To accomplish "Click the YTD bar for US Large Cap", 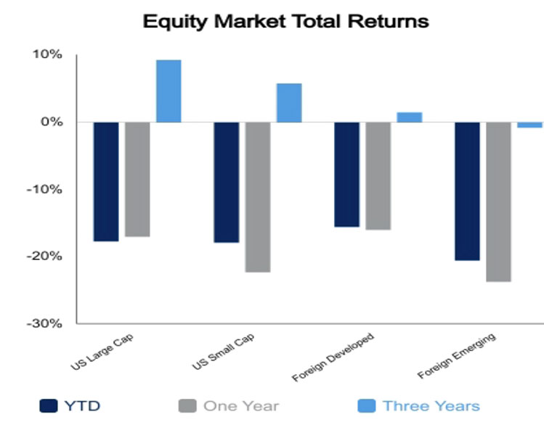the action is click(x=106, y=182).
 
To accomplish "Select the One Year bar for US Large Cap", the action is click(x=137, y=179).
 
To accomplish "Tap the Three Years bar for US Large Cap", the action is click(x=169, y=91).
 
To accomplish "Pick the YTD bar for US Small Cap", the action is click(x=227, y=182).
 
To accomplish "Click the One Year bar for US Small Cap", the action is click(x=258, y=197).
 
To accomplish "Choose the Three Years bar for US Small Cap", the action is click(x=289, y=102).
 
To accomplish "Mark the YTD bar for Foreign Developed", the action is click(x=347, y=174).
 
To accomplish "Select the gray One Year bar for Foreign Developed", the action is click(x=378, y=176).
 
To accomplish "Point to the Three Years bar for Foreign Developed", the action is click(x=410, y=117).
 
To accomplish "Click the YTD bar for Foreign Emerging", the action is click(x=467, y=191).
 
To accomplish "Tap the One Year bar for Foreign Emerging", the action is click(x=498, y=202).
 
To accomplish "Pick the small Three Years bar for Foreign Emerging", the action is click(x=529, y=125).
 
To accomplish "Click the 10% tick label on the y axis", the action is click(x=47, y=54).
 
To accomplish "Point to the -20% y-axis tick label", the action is click(x=44, y=257).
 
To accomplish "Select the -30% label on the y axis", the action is click(x=44, y=323).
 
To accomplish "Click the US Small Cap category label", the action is click(x=223, y=352).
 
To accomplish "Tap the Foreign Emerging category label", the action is click(x=457, y=356).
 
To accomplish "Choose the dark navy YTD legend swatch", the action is click(x=49, y=405).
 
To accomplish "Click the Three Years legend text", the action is click(x=431, y=405).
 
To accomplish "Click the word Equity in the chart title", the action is click(x=175, y=22).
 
